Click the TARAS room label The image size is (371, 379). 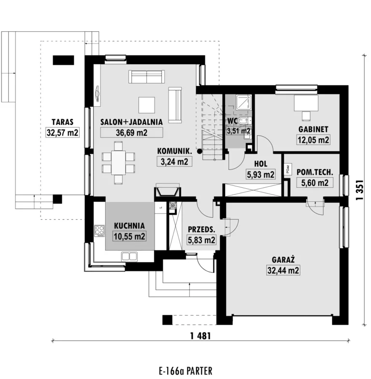click(x=62, y=122)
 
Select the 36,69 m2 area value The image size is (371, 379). click(x=131, y=133)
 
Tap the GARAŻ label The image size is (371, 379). click(x=283, y=260)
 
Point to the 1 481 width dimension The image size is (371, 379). click(x=200, y=336)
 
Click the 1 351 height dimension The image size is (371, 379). click(x=360, y=190)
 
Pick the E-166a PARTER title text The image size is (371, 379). click(x=185, y=371)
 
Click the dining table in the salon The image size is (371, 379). click(x=118, y=162)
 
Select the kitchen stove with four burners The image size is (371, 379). click(x=100, y=231)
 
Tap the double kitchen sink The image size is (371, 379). click(x=129, y=256)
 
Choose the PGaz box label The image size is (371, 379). click(x=288, y=169)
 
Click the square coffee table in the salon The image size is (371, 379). click(x=146, y=105)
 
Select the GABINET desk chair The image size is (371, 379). click(x=306, y=116)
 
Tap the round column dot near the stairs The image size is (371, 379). click(x=200, y=151)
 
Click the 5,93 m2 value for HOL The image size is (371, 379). click(x=260, y=174)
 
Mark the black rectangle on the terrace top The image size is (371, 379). click(x=63, y=60)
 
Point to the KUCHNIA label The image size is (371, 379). click(x=129, y=226)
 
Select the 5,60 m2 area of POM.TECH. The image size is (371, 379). click(x=314, y=182)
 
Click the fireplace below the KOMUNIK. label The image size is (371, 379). click(x=168, y=190)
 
